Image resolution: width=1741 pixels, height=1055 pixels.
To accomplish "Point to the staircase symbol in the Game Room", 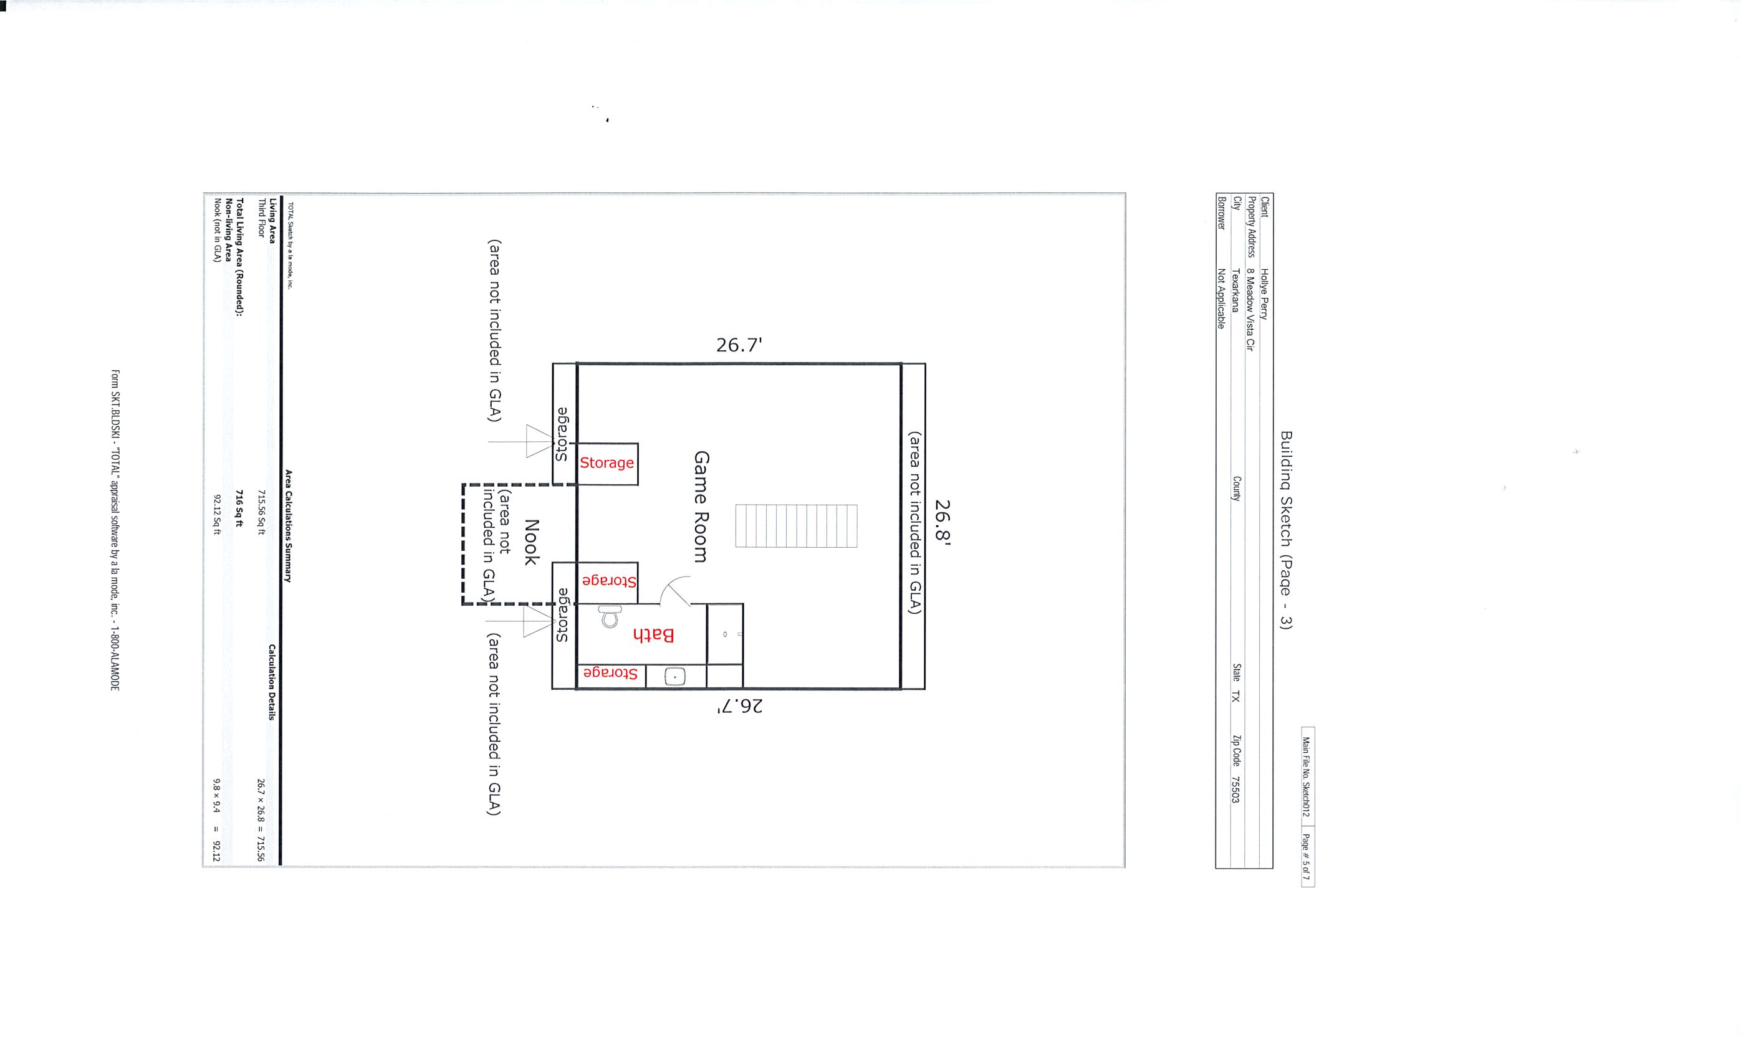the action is click(796, 526).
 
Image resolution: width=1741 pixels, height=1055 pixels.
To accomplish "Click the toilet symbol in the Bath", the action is click(609, 616).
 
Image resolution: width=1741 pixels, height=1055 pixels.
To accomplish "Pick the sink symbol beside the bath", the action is click(675, 677).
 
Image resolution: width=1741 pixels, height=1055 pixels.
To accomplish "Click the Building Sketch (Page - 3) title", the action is click(1285, 530).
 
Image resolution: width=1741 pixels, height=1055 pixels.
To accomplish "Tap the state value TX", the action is click(1236, 695).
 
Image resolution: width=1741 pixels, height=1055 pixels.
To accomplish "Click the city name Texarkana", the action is click(1236, 290).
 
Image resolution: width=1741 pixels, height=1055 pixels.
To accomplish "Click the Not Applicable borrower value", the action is click(1221, 298).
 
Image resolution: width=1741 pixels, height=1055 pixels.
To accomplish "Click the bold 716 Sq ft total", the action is click(240, 509).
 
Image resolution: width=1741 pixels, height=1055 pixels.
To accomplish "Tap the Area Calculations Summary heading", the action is click(288, 526).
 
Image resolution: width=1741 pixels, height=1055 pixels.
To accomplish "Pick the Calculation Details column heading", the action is click(272, 682).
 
